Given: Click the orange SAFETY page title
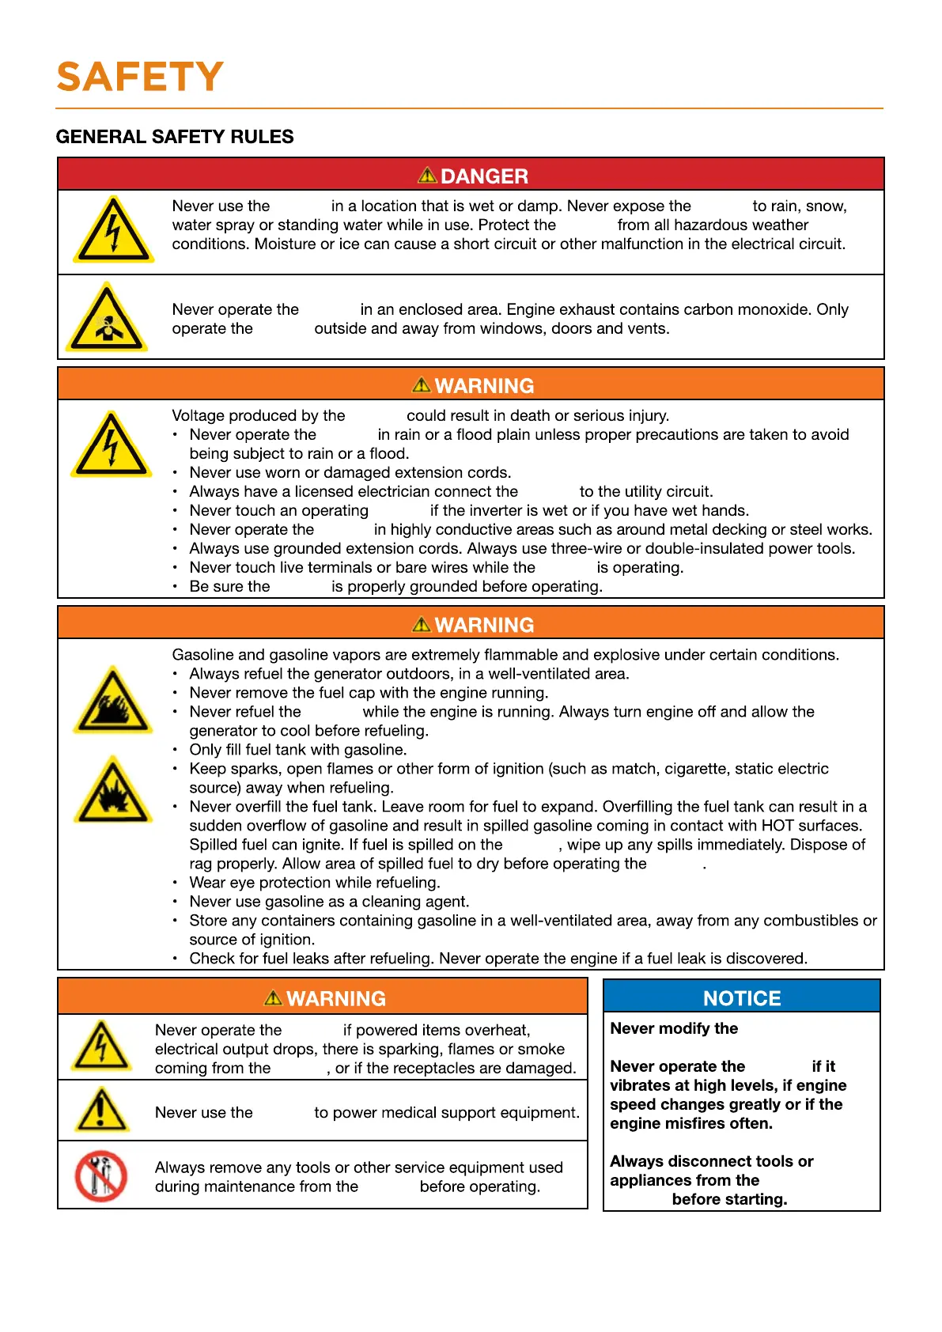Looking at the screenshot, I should coord(140,78).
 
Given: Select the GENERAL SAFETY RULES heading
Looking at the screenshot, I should coord(174,137).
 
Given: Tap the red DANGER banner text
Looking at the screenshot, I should coord(484,176).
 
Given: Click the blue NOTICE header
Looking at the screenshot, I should coord(741,998).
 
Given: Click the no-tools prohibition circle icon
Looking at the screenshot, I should coord(100,1175).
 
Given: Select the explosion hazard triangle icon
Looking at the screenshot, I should coord(113,791).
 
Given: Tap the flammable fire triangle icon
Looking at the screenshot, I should coord(113,702).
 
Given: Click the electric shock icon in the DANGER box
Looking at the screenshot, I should coord(113,230).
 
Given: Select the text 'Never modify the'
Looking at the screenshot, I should coord(674,1028).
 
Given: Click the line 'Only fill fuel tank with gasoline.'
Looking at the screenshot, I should coord(298,750).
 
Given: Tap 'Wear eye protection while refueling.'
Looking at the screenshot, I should coord(315,883).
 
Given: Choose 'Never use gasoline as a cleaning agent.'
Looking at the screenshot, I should coord(329,902).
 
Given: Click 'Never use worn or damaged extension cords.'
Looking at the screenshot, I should coord(350,473).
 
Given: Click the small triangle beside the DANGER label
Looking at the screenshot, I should coord(427,175).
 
